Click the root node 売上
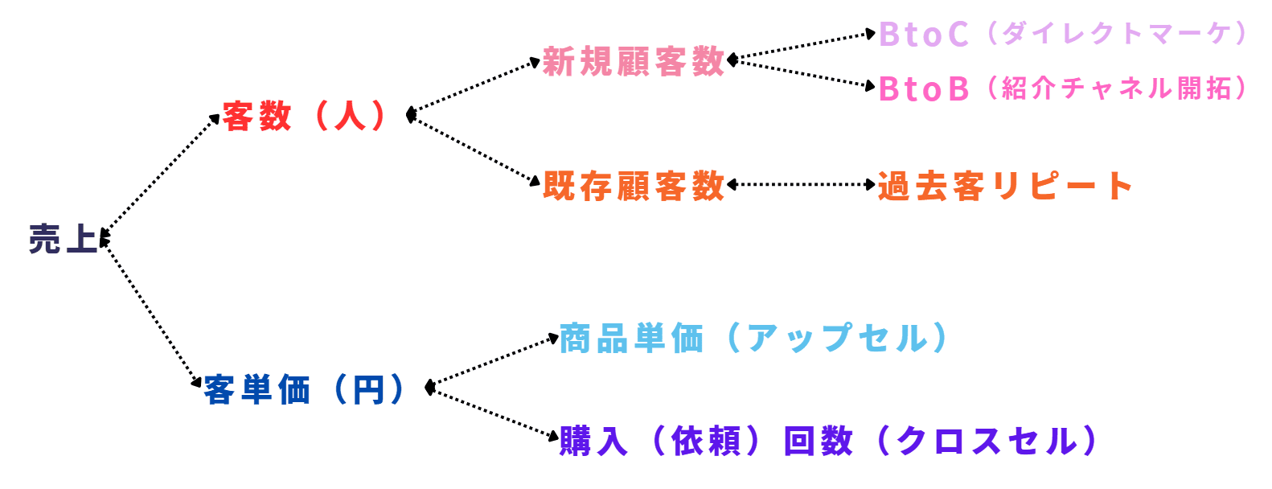pyautogui.click(x=63, y=239)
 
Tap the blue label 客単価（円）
pyautogui.click(x=305, y=389)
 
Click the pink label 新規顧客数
pyautogui.click(x=634, y=61)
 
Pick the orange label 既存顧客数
pyautogui.click(x=634, y=186)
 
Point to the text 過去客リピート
pyautogui.click(x=1005, y=186)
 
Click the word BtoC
pyautogui.click(x=924, y=35)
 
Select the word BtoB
pyautogui.click(x=924, y=88)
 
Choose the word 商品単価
pyautogui.click(x=631, y=339)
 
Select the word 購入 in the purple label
pyautogui.click(x=593, y=441)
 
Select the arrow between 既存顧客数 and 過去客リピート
pyautogui.click(x=801, y=185)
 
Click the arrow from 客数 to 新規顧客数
pyautogui.click(x=474, y=88)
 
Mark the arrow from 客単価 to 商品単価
pyautogui.click(x=494, y=362)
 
